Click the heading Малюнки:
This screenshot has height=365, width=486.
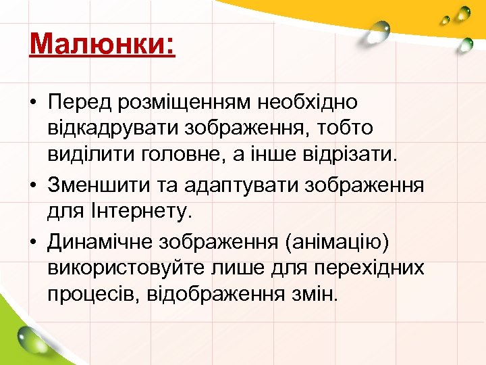pos(102,45)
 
